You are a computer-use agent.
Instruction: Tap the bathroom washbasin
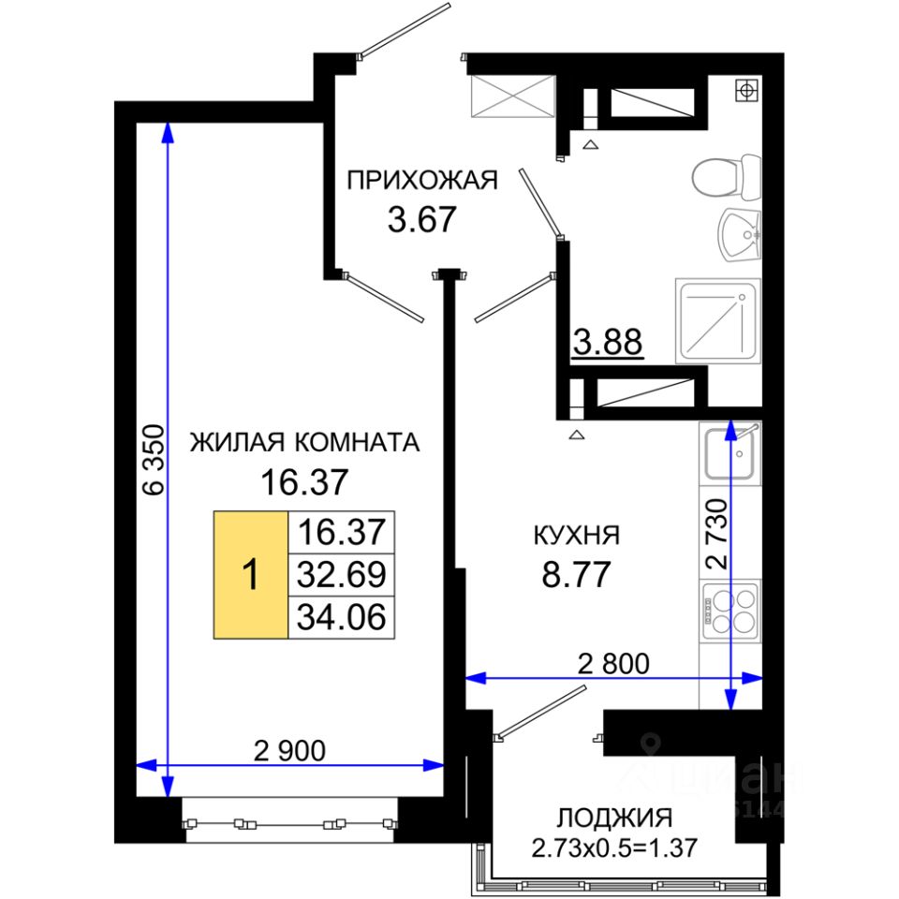(740, 235)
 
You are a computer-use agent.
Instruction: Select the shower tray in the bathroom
(718, 321)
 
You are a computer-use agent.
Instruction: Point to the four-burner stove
(730, 612)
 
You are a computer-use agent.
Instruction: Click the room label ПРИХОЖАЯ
(422, 180)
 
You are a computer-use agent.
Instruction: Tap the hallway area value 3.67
(421, 219)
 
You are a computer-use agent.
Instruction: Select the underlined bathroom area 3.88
(608, 343)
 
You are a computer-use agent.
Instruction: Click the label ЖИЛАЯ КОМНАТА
(304, 442)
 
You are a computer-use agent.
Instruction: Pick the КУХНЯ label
(577, 536)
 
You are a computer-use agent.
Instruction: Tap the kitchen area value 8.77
(576, 574)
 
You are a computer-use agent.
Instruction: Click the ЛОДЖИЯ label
(614, 818)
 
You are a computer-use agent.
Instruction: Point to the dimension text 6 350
(155, 460)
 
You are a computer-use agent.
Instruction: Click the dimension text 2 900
(289, 750)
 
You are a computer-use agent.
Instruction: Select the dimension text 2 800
(613, 664)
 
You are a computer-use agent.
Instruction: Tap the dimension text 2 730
(717, 534)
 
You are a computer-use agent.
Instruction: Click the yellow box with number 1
(251, 574)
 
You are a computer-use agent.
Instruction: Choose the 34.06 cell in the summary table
(341, 617)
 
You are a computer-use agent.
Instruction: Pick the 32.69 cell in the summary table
(341, 574)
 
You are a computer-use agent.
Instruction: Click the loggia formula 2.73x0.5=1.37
(614, 847)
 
